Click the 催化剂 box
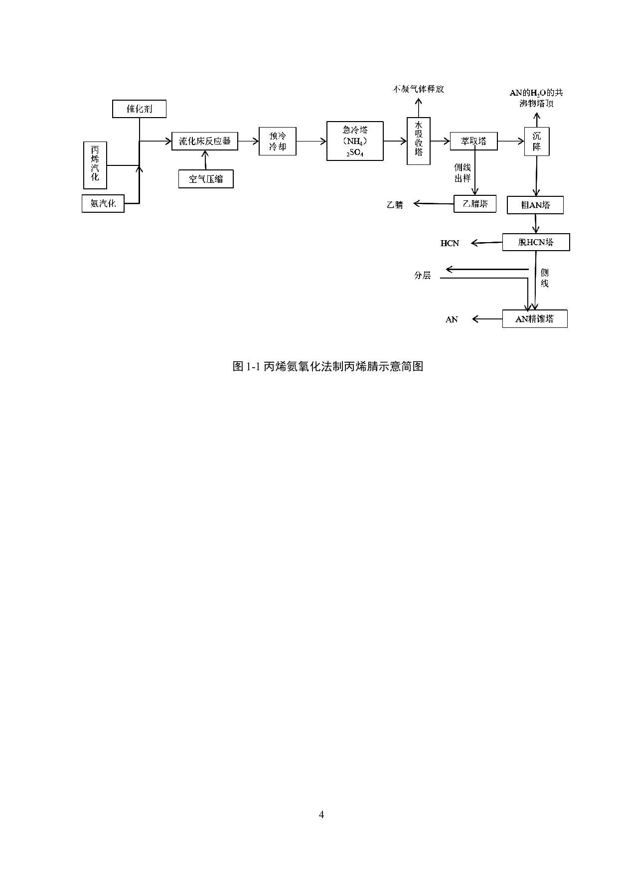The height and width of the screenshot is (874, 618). [139, 109]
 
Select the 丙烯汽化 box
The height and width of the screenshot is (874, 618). [95, 165]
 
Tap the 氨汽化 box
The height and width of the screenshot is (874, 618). [103, 203]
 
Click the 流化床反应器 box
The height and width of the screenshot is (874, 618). [205, 141]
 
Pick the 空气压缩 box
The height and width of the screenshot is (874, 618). [205, 179]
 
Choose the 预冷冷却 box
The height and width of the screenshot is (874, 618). [277, 141]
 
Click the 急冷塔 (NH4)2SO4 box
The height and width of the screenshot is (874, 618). [355, 141]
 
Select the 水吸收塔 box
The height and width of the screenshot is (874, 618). [419, 141]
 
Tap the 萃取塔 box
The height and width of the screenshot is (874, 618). [473, 141]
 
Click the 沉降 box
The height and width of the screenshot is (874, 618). [536, 141]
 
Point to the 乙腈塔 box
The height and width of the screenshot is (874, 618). [475, 203]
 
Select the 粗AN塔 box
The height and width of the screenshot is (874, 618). [535, 205]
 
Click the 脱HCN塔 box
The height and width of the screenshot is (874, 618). [536, 242]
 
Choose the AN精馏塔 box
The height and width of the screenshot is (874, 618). [535, 319]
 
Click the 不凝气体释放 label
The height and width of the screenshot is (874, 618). [418, 89]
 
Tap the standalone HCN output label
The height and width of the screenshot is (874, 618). [450, 243]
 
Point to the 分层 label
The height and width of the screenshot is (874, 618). [422, 275]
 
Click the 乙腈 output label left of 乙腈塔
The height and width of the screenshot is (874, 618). [395, 204]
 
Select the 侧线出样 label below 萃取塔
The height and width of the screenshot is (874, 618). [463, 173]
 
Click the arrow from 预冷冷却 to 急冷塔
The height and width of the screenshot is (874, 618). [311, 142]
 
